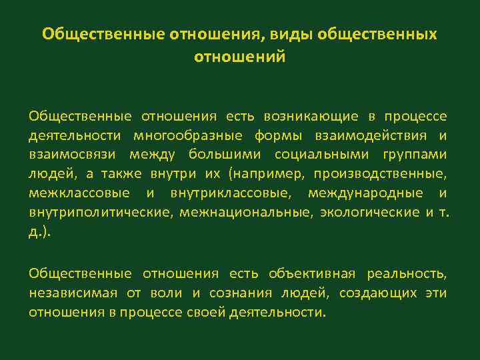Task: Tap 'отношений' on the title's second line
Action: (x=240, y=57)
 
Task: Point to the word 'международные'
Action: (x=372, y=193)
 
